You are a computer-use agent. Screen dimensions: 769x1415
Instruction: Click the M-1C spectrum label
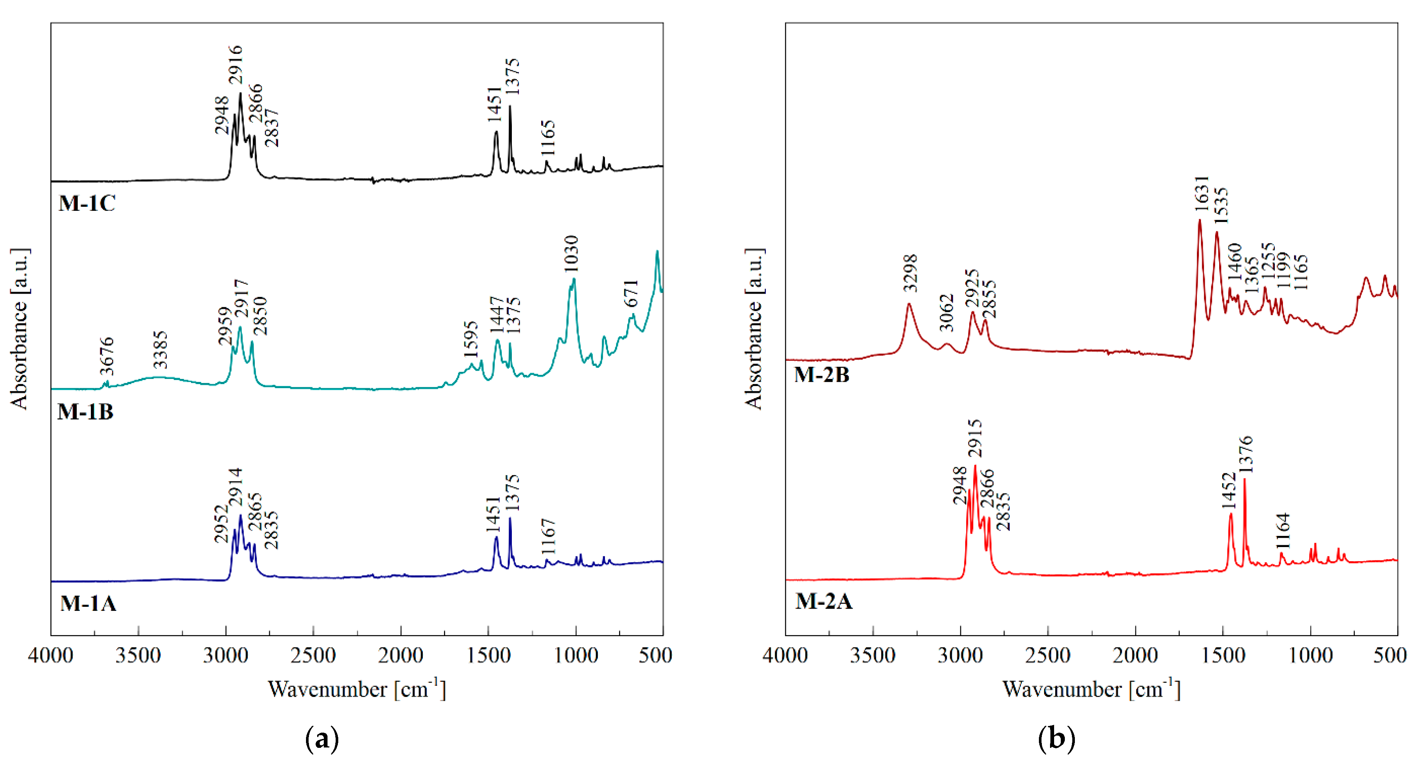click(x=87, y=203)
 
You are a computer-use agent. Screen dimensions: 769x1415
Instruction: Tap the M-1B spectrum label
click(x=85, y=412)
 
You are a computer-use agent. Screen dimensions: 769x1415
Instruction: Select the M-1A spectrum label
click(x=88, y=603)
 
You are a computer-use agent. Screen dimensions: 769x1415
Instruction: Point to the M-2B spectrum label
click(x=822, y=375)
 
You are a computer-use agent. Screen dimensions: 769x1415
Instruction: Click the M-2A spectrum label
click(x=823, y=601)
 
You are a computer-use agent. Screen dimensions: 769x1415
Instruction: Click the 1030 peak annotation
click(x=571, y=253)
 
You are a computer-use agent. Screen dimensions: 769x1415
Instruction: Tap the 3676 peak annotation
click(x=106, y=356)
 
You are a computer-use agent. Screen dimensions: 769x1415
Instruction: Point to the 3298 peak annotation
click(x=910, y=273)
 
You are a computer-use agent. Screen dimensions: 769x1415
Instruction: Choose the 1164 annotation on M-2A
click(x=1283, y=531)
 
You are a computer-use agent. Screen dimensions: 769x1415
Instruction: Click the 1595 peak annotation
click(x=471, y=340)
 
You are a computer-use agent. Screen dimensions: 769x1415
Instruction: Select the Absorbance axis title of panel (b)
click(x=754, y=329)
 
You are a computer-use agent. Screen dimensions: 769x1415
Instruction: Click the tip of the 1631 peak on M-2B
click(x=1200, y=220)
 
